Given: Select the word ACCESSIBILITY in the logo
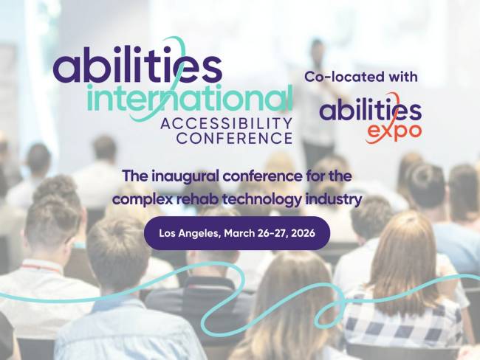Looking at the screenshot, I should point(226,122).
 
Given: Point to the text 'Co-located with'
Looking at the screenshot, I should point(361,76).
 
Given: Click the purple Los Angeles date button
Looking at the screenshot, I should point(237,233).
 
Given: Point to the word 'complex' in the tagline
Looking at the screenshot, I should point(139,198).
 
